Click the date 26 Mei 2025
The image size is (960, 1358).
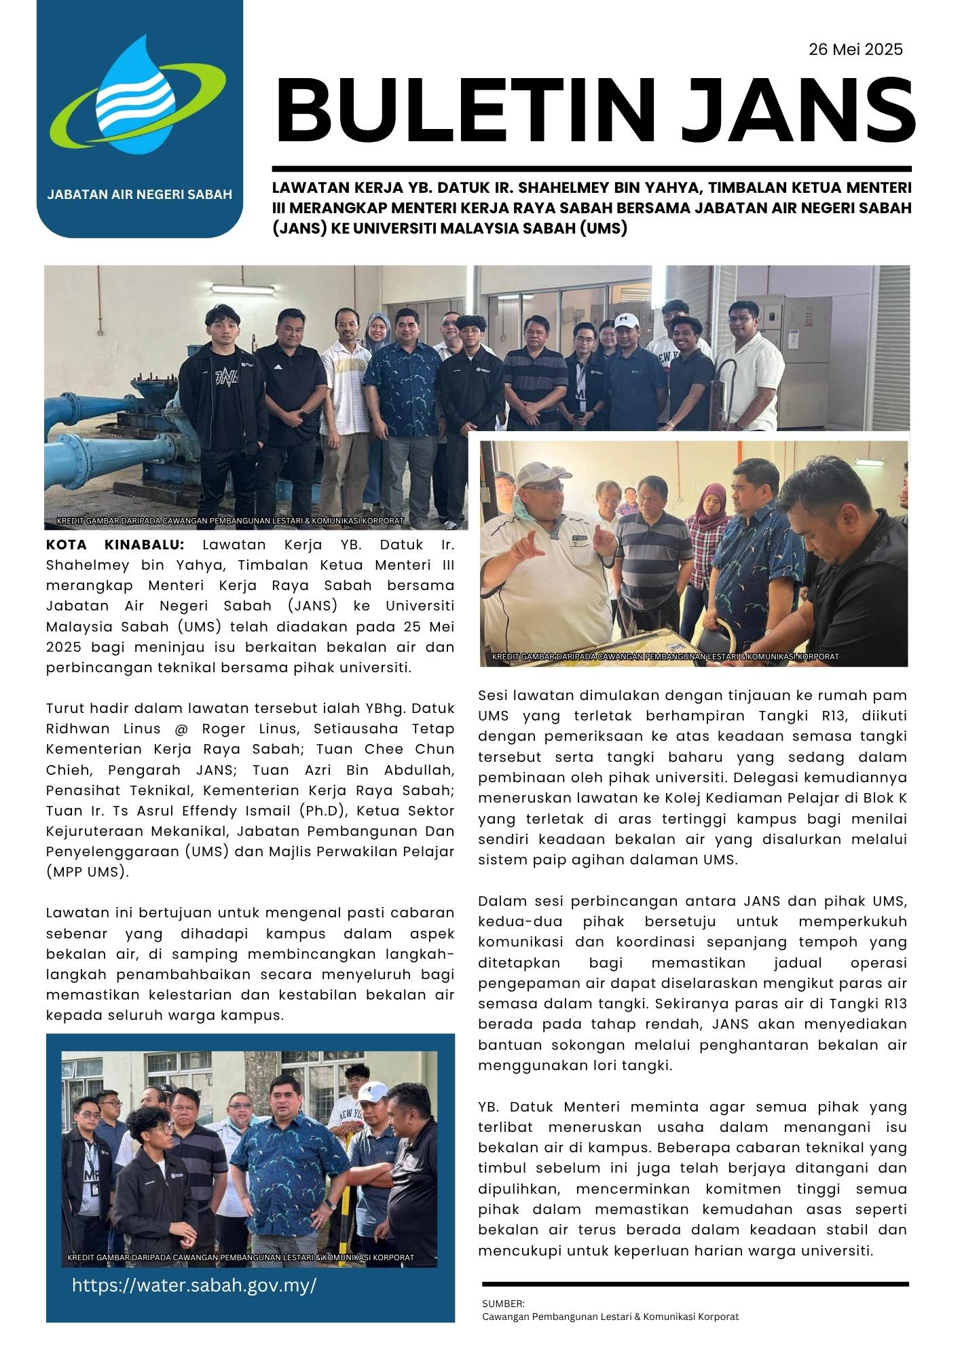tap(855, 49)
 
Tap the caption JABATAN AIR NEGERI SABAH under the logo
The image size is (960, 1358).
tap(139, 195)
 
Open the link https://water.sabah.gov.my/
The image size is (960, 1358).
tap(194, 1285)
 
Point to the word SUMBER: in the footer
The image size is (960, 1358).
tap(503, 1304)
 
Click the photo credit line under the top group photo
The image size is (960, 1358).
tap(231, 521)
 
